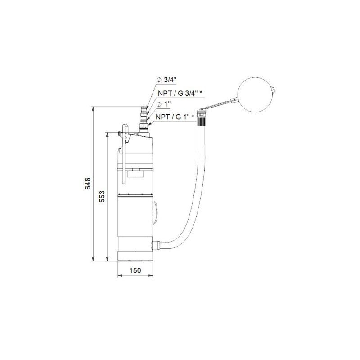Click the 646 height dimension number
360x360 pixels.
coord(88,184)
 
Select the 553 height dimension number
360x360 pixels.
coord(102,196)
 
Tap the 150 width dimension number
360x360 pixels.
coord(135,270)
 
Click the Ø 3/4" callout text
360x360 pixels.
coord(166,80)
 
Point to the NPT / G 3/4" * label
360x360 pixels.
coord(180,93)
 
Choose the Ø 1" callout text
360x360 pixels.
coord(163,104)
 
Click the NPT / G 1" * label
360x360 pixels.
coord(175,117)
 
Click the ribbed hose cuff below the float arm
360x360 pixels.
coord(202,120)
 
